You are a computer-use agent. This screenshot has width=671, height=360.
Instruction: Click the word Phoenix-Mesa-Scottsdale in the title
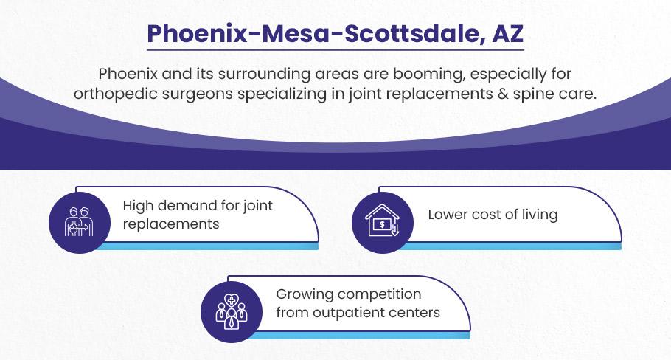312,34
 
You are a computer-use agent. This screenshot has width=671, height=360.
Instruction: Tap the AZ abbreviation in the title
508,33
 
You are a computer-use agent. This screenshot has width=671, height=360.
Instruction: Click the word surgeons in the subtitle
192,95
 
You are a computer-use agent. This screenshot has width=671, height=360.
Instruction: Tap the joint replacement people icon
79,222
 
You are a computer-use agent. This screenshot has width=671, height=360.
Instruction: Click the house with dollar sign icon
382,221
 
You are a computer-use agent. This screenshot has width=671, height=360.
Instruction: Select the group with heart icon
232,311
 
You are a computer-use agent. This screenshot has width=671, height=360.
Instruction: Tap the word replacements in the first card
171,224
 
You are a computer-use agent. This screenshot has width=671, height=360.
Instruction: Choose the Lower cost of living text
493,215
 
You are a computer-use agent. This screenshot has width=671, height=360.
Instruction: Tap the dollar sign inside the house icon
382,224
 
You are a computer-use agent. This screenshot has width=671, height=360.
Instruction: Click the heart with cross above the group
232,300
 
